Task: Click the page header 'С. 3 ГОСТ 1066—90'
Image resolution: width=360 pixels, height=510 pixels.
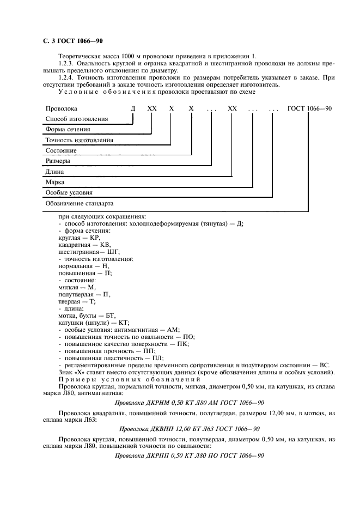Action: (73, 41)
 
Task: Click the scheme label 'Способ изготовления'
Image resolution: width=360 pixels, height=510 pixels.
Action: (77, 118)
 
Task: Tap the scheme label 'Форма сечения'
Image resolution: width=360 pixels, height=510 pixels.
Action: (68, 129)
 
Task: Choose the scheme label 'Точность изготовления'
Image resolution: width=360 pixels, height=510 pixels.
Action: (80, 140)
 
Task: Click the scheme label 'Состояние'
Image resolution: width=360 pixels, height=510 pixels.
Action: (61, 150)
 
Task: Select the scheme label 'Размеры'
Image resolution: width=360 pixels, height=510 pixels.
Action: (58, 161)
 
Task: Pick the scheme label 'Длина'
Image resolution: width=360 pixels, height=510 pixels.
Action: (55, 172)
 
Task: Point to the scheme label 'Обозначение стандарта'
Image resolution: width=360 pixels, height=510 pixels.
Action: (80, 203)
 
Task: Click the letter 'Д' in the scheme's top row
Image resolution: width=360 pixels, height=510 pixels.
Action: (133, 108)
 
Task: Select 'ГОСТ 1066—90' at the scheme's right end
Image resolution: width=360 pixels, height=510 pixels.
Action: (309, 108)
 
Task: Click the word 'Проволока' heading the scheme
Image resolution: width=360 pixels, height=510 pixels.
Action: (62, 108)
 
